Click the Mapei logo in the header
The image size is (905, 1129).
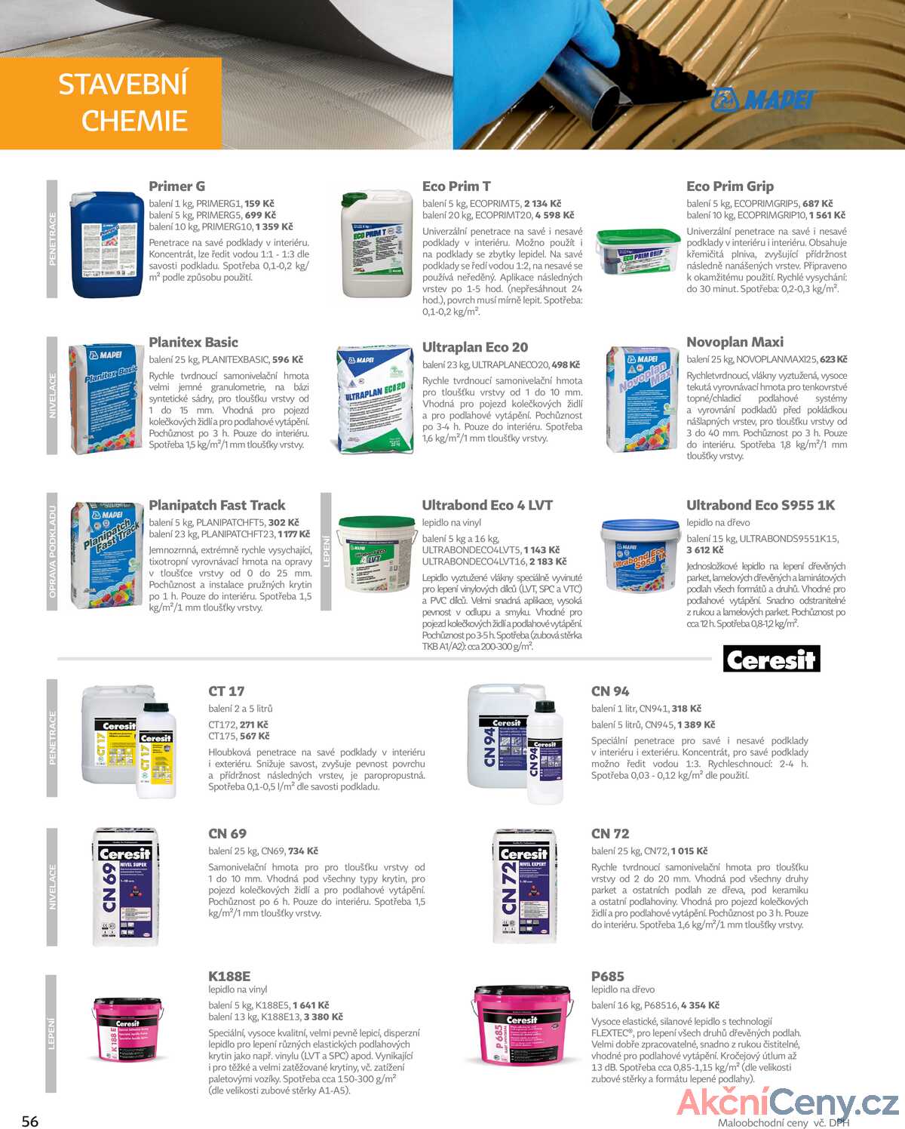tap(763, 99)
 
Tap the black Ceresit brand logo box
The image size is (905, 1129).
tap(771, 659)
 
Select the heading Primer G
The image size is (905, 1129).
tap(176, 186)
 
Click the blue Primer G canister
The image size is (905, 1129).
tap(106, 245)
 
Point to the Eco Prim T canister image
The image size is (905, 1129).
tap(376, 244)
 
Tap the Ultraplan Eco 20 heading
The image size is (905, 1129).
tap(474, 347)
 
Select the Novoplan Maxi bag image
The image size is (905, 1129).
tap(642, 398)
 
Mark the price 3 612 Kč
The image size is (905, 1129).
tap(704, 550)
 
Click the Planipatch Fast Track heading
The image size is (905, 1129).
tap(216, 505)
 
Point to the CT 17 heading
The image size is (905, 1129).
tap(226, 691)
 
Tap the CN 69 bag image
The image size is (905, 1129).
tap(125, 886)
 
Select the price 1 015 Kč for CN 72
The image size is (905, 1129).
tap(689, 851)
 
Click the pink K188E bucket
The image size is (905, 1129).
tap(127, 1029)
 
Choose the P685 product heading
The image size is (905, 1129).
tap(607, 976)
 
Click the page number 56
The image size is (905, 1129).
tap(30, 1121)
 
